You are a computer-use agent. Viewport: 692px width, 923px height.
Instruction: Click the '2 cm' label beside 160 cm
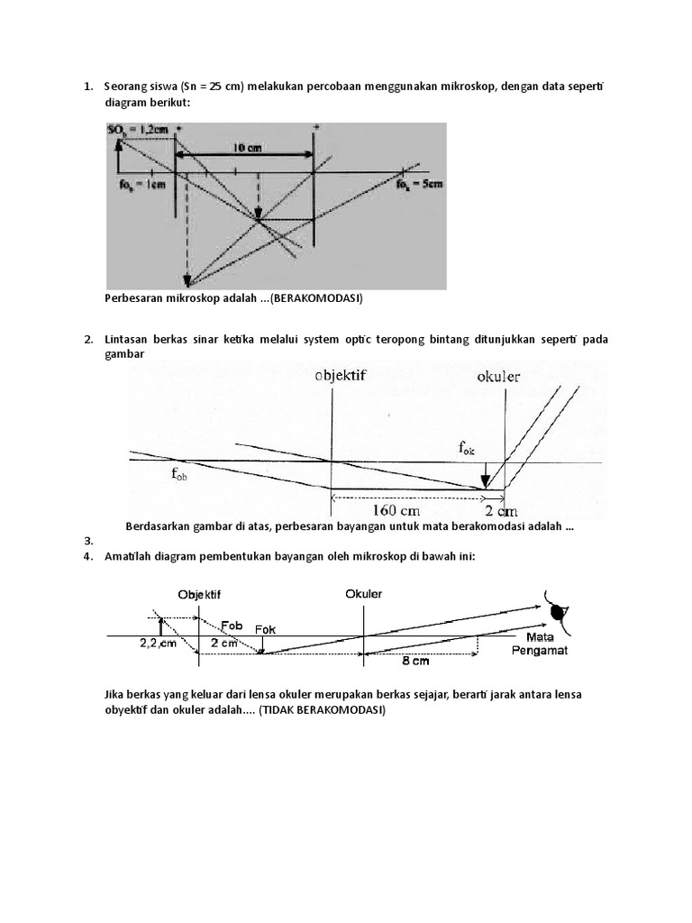(x=499, y=510)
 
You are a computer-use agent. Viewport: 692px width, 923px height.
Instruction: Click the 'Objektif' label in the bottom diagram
(x=199, y=595)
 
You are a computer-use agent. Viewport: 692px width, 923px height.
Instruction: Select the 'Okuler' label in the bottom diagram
(x=363, y=594)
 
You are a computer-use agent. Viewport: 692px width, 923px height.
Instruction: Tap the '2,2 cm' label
(x=159, y=644)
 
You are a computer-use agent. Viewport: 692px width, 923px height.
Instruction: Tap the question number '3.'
(x=88, y=541)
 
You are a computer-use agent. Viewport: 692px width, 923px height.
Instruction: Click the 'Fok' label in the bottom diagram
(x=266, y=629)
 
